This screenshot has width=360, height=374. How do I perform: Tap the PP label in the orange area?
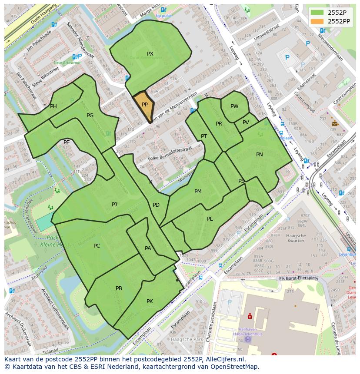[x=145, y=105]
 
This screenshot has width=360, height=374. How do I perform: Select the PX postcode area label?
[x=150, y=54]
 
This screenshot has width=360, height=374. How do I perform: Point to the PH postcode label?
[x=53, y=106]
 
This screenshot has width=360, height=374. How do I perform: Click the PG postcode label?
[x=90, y=116]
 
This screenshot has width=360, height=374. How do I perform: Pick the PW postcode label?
[x=234, y=106]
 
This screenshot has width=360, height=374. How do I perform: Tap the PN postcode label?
[x=260, y=155]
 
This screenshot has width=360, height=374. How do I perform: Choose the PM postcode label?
[x=198, y=192]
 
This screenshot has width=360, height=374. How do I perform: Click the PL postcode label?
[x=210, y=219]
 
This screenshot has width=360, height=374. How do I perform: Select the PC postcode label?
[x=97, y=246]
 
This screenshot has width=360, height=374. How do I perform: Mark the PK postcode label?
[x=150, y=301]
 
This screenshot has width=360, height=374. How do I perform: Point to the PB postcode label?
[x=119, y=288]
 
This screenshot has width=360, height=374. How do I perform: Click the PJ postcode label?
[x=114, y=205]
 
